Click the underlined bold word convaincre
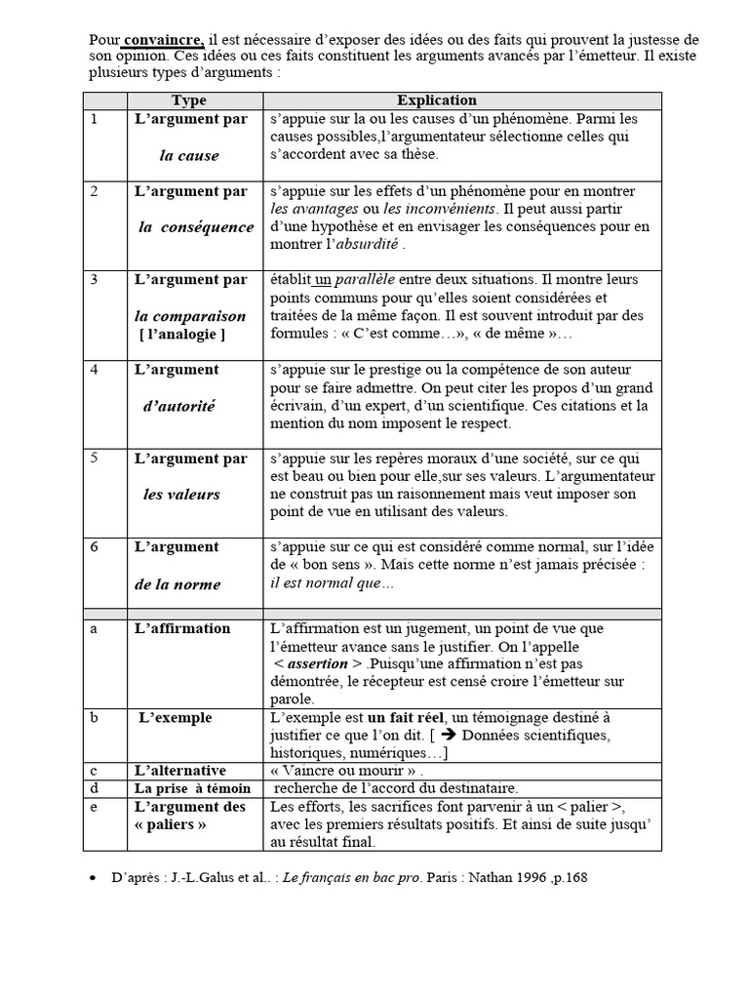163,40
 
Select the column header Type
189,100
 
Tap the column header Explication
437,100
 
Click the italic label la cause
189,155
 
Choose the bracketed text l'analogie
182,335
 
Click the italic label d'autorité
179,406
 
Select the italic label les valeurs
181,495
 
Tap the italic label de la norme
177,584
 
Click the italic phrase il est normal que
332,582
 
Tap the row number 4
95,370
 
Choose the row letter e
94,807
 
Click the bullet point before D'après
92,878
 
